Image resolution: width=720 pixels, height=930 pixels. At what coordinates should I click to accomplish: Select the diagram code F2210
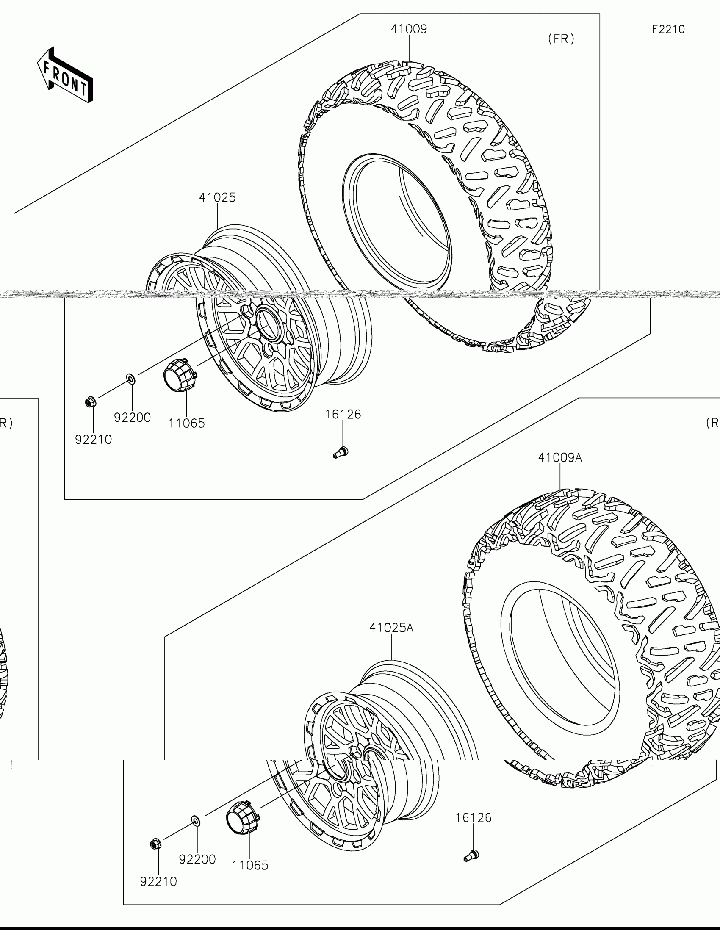(x=668, y=29)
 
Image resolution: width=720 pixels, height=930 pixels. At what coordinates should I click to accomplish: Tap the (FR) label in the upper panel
(x=561, y=39)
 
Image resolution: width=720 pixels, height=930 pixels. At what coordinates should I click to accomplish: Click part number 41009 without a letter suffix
(x=409, y=29)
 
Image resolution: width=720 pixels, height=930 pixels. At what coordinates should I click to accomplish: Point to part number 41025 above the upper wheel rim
(x=217, y=198)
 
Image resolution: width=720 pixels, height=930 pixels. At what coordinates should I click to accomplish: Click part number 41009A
(x=560, y=458)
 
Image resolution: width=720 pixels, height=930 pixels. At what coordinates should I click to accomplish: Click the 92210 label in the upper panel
(x=94, y=440)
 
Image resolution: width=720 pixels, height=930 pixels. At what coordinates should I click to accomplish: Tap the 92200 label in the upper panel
(x=133, y=418)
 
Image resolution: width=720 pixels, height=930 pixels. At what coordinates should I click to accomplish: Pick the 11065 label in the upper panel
(x=186, y=423)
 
